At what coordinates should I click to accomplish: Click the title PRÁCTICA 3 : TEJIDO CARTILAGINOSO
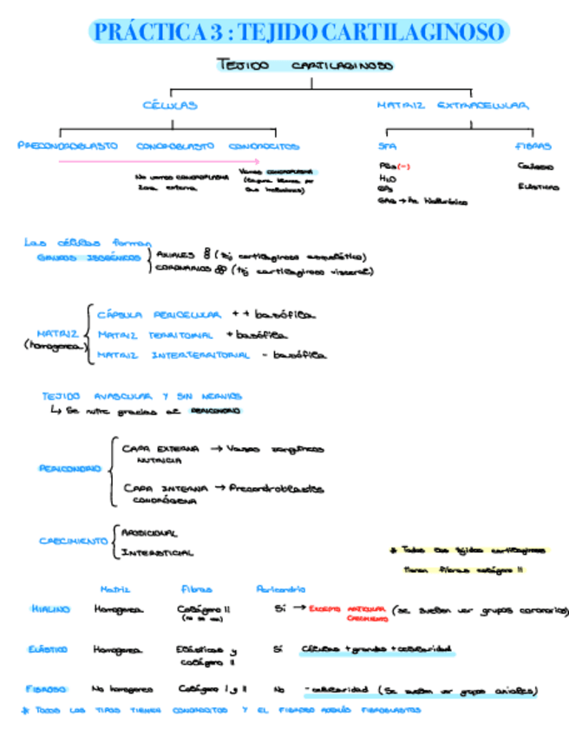(x=298, y=33)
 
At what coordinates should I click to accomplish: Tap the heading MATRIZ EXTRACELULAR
(x=452, y=106)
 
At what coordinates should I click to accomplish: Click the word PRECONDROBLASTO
(x=68, y=146)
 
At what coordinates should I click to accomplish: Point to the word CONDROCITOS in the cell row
(x=265, y=146)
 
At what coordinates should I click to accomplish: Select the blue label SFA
(x=387, y=146)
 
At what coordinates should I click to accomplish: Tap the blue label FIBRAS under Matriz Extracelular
(x=533, y=146)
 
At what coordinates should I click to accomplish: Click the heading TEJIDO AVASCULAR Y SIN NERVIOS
(x=141, y=396)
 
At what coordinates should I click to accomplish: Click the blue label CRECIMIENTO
(x=73, y=541)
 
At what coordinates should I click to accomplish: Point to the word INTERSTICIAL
(x=157, y=552)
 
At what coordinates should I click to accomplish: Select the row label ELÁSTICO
(x=49, y=649)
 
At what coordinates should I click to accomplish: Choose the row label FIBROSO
(x=47, y=690)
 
